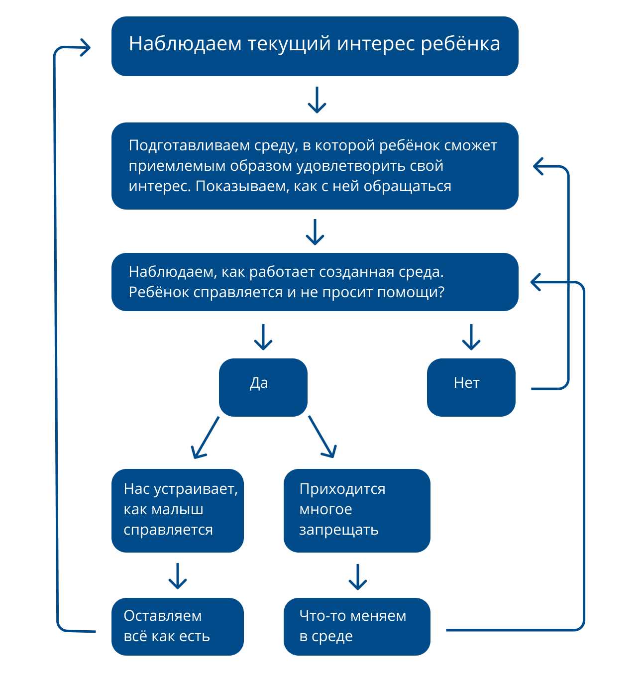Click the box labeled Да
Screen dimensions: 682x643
click(x=263, y=387)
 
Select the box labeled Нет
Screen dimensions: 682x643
click(x=471, y=387)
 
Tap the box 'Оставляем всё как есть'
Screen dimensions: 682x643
click(x=177, y=626)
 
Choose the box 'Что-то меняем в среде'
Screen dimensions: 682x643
click(x=356, y=626)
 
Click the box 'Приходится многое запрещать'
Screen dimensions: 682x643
click(x=356, y=510)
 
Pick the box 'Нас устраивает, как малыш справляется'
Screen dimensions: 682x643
click(x=177, y=510)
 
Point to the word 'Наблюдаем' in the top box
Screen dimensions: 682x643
click(x=185, y=44)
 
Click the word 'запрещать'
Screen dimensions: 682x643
click(x=338, y=530)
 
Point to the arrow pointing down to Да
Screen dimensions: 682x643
click(x=263, y=337)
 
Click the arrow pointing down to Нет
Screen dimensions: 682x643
click(x=471, y=337)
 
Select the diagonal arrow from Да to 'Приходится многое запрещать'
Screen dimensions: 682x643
click(x=322, y=437)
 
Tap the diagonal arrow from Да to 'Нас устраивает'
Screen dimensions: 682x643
click(x=205, y=437)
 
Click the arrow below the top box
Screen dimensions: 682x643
click(x=317, y=100)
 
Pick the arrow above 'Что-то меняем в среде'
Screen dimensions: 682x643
click(x=357, y=576)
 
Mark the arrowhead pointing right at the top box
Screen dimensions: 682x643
click(x=85, y=48)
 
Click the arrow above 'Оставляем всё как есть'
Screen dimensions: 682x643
click(x=177, y=576)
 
